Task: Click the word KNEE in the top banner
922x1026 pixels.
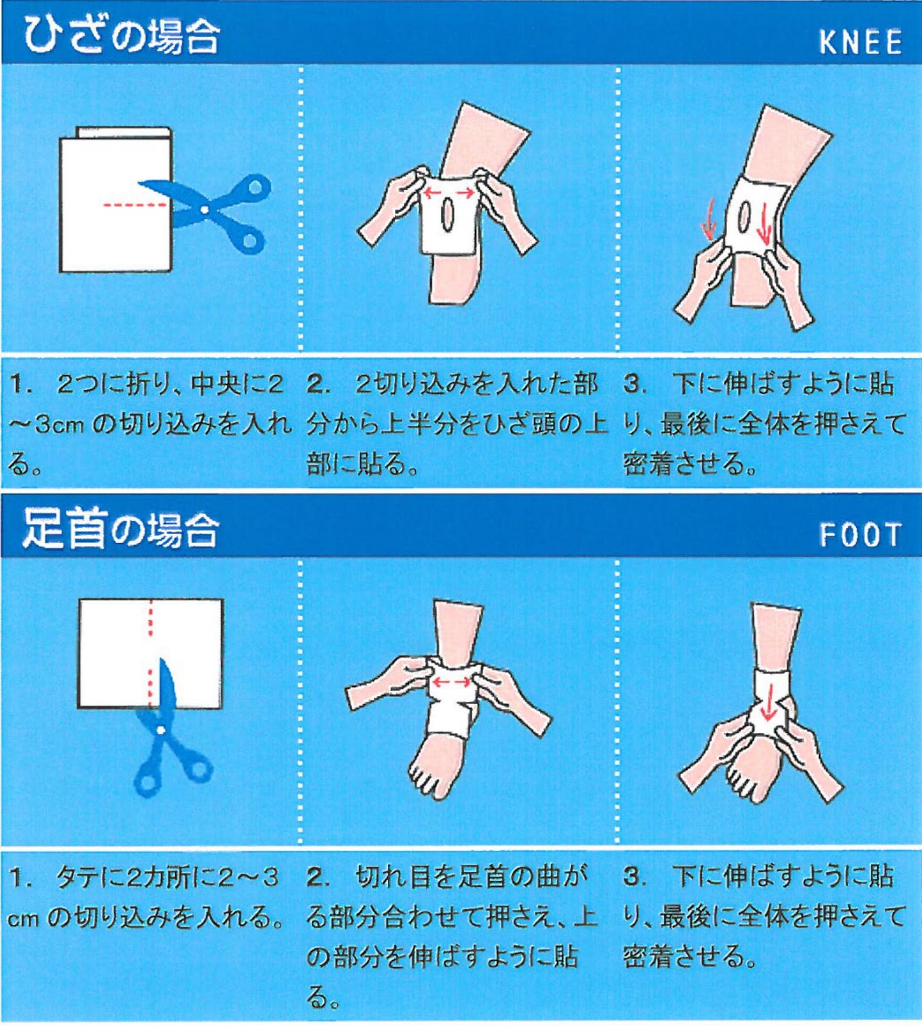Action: [x=860, y=42]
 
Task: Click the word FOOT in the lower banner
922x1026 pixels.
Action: [x=860, y=535]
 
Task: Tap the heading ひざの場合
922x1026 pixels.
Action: [x=122, y=35]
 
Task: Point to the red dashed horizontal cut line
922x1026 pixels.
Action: [x=135, y=205]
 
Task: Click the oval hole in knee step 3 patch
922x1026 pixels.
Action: [x=744, y=217]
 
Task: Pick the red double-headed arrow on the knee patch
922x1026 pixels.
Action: [x=450, y=192]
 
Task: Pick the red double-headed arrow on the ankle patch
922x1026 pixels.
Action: [x=451, y=682]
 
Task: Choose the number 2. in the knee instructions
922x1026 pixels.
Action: [x=319, y=384]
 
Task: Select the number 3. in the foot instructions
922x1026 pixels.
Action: [x=634, y=877]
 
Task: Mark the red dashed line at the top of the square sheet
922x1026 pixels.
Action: [x=151, y=618]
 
